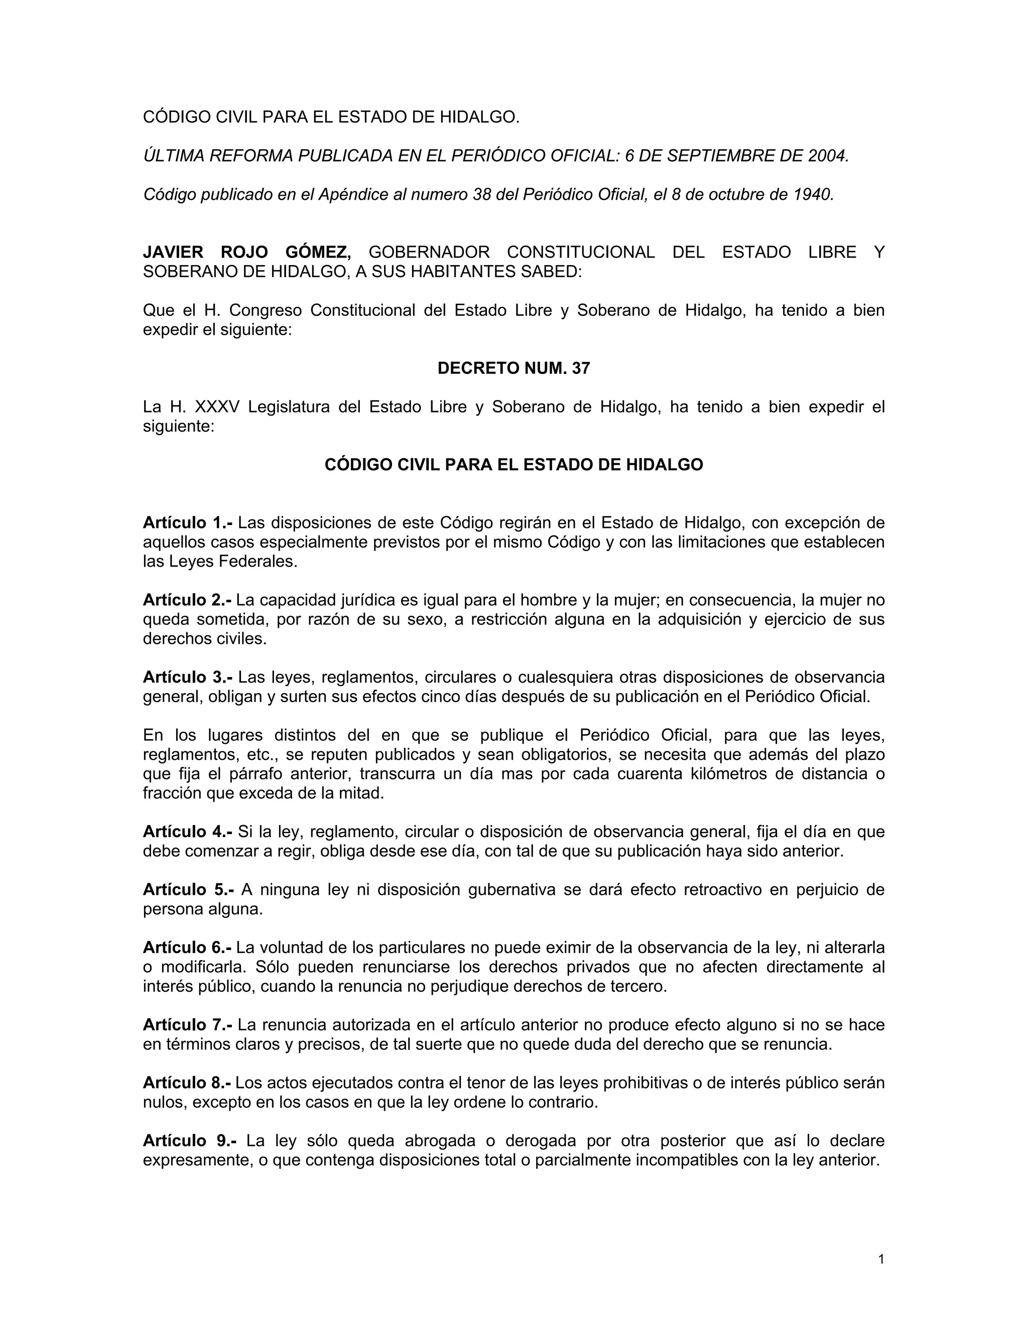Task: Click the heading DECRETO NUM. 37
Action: [x=513, y=368]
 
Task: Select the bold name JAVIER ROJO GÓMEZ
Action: [x=246, y=252]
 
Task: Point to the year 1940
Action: [x=813, y=195]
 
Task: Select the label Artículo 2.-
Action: [x=187, y=600]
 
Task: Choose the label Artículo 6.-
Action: [x=187, y=948]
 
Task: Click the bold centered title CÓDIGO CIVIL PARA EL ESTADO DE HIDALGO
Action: [x=513, y=465]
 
